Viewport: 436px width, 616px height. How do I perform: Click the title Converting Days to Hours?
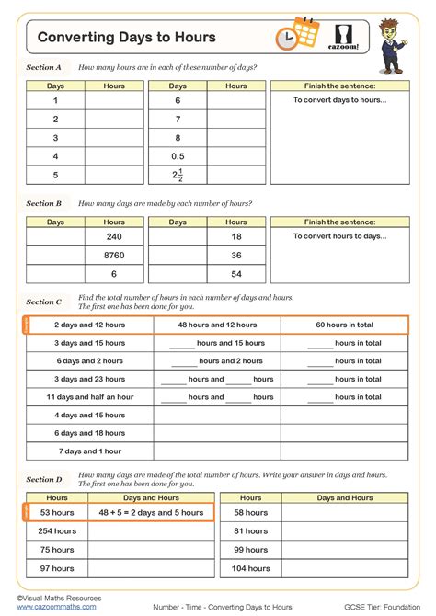coord(127,37)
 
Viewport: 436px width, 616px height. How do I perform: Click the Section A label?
coord(43,67)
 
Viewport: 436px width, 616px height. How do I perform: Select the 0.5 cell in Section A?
coord(178,155)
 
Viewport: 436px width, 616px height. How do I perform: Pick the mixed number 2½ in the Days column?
coord(178,176)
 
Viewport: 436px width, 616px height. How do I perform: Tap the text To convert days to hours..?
coord(339,100)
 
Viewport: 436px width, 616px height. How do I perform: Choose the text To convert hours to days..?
coord(339,236)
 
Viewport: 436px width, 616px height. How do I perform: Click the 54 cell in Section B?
coord(236,274)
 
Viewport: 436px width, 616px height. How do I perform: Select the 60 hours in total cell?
coord(344,325)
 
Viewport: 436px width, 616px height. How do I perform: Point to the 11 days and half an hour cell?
coord(89,397)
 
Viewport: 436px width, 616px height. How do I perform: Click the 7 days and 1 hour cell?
coord(89,451)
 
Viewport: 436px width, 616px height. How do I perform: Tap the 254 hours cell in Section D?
coord(57,531)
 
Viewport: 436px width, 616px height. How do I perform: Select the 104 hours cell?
coord(250,569)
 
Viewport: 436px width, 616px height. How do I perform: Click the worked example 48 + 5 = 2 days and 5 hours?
coord(151,512)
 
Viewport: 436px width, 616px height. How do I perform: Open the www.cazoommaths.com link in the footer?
coord(56,607)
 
